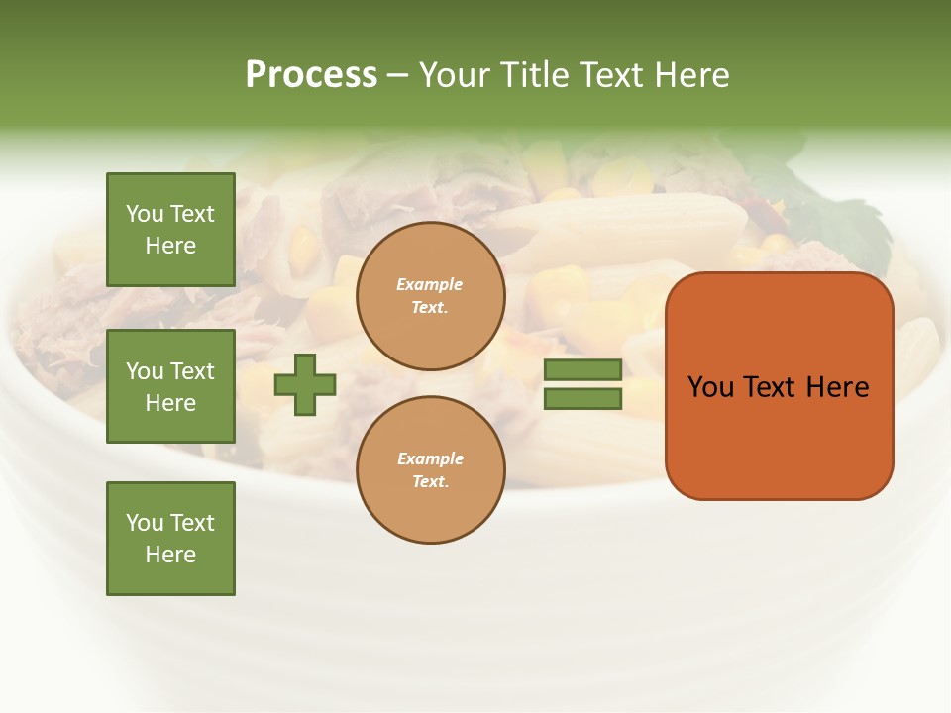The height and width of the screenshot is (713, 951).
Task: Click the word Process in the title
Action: (x=311, y=75)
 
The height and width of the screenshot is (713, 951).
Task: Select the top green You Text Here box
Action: (x=170, y=230)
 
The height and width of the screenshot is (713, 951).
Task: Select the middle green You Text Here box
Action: (x=170, y=386)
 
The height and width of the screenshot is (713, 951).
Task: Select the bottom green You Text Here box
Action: (x=170, y=539)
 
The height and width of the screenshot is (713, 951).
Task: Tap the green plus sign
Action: (x=305, y=384)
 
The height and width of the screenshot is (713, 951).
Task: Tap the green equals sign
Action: (x=582, y=384)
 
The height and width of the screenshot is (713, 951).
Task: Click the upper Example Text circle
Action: (x=431, y=296)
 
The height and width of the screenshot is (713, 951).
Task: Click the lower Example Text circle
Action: (x=431, y=470)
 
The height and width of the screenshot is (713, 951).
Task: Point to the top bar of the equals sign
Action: (x=582, y=369)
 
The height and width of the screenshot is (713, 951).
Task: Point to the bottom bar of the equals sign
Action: (x=582, y=399)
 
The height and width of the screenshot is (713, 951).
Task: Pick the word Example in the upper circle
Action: (x=430, y=285)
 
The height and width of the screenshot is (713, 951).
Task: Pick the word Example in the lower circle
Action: (x=430, y=459)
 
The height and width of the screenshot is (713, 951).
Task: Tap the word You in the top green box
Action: (x=145, y=214)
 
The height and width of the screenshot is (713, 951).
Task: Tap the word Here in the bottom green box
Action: (x=170, y=555)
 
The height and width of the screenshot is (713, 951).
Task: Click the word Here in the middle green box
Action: (x=170, y=403)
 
